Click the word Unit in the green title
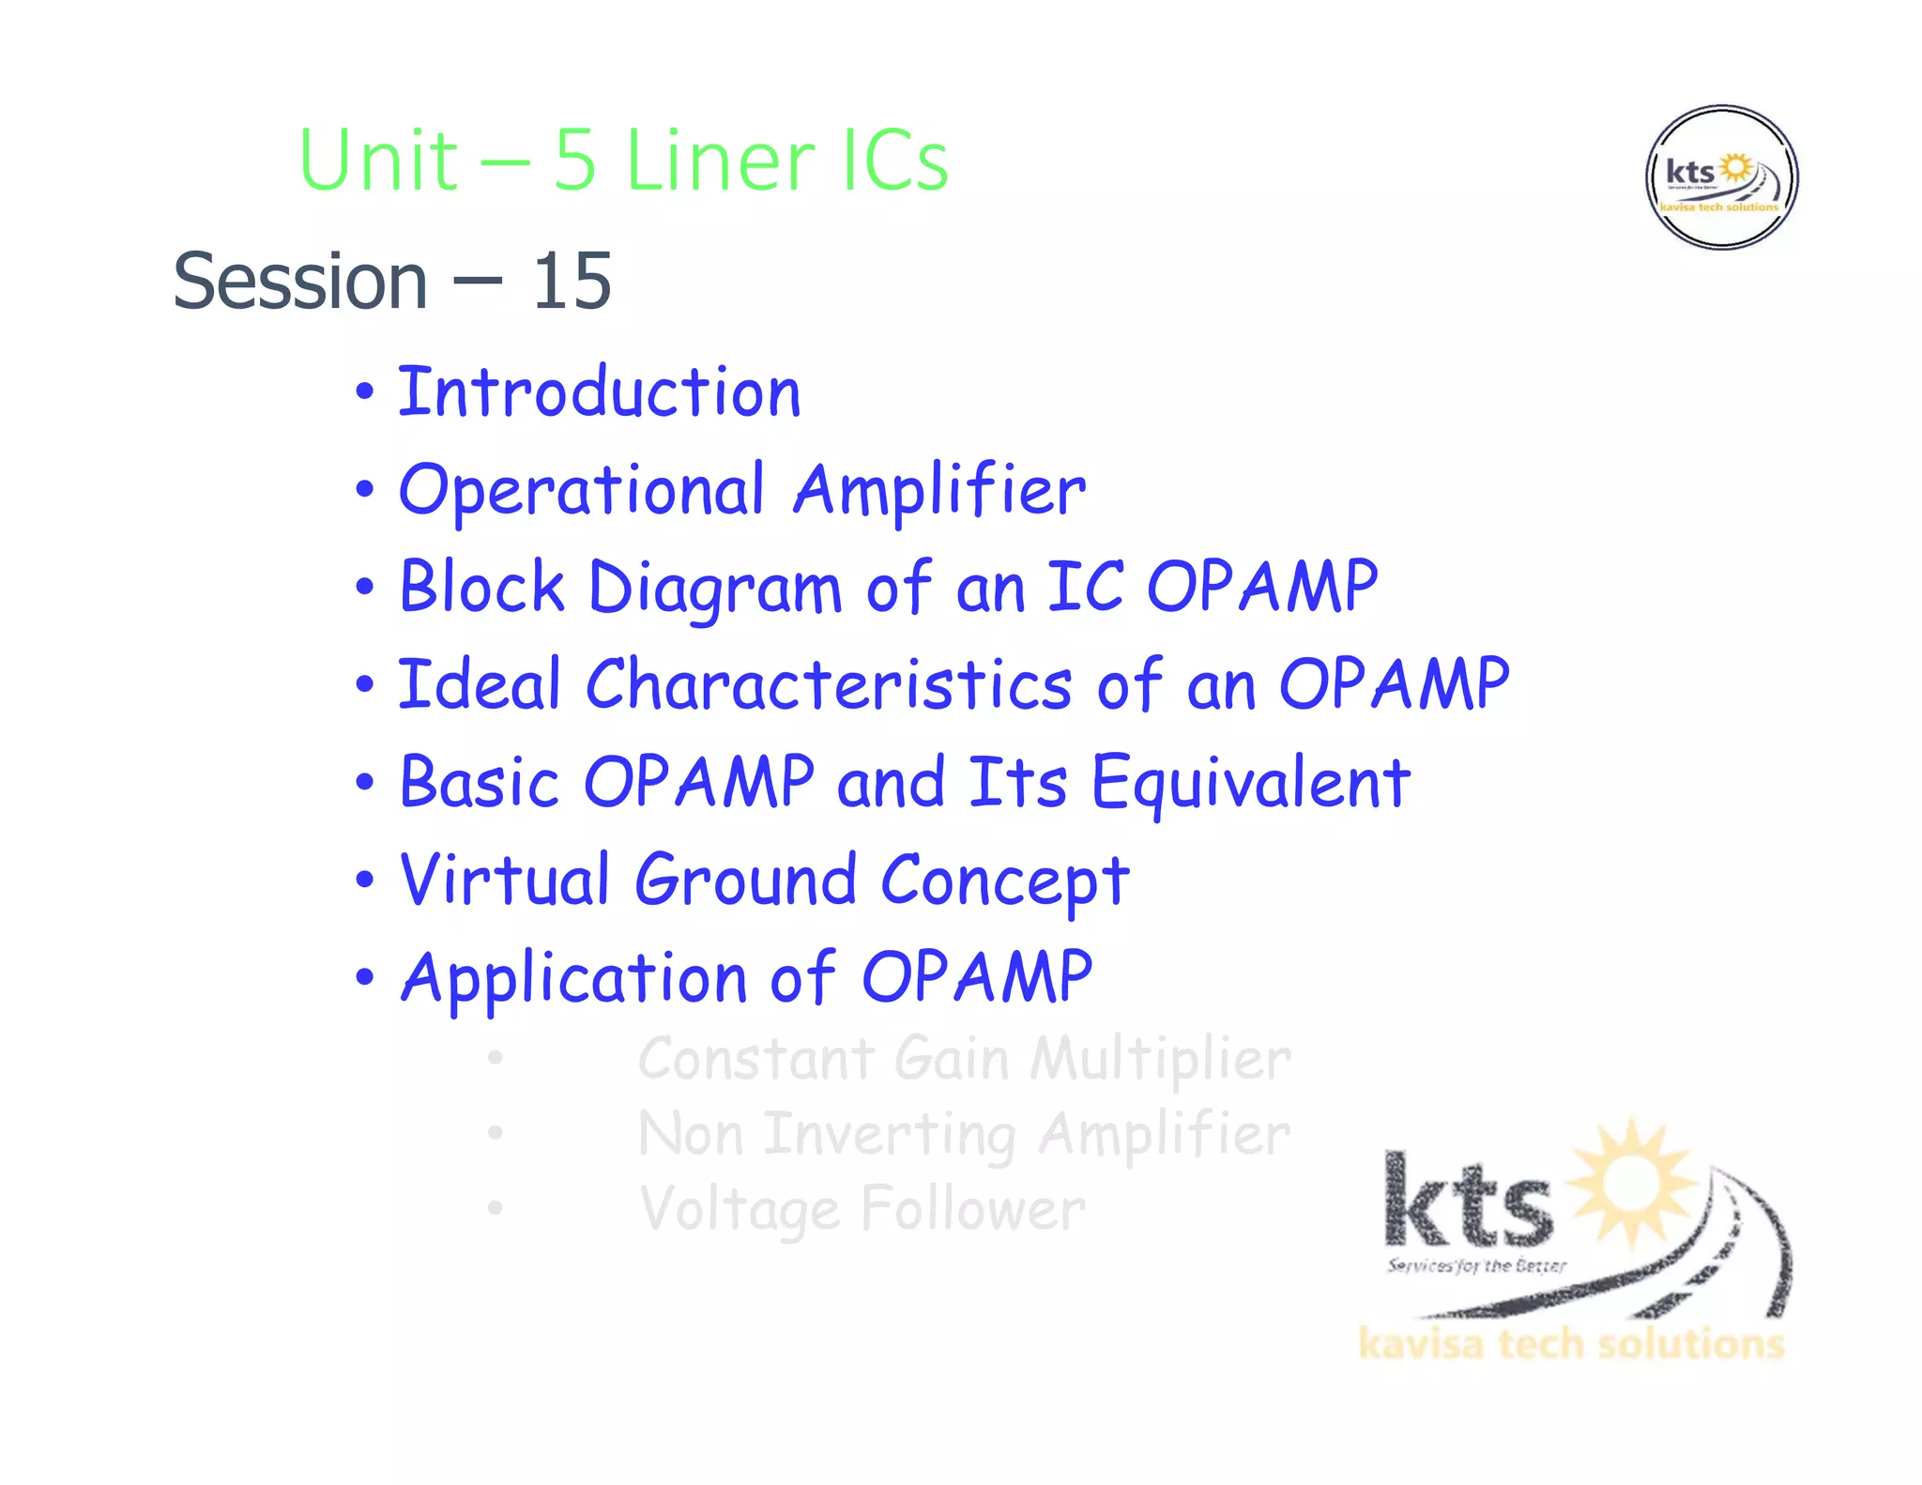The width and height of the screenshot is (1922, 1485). (378, 161)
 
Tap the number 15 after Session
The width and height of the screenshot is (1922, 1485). (572, 282)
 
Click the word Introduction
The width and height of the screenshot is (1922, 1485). (600, 392)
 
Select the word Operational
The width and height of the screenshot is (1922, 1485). (582, 491)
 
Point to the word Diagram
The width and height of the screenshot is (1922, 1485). (715, 589)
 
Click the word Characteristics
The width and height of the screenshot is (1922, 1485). (829, 685)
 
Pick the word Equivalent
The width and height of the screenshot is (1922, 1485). (1250, 783)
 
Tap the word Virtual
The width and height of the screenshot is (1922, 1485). (505, 880)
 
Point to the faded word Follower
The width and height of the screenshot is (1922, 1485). (972, 1209)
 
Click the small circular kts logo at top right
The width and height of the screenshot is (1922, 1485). (1721, 177)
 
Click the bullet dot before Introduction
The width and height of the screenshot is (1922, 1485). (365, 392)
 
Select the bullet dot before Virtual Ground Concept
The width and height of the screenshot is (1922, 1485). (365, 880)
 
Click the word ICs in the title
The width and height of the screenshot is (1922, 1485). (895, 161)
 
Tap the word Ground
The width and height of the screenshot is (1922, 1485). (746, 880)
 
